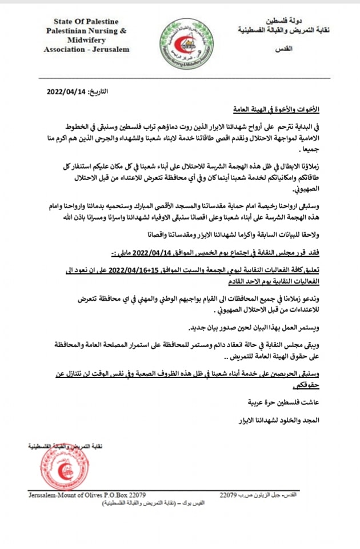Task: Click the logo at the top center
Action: [x=178, y=43]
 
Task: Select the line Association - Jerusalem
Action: [x=86, y=49]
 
